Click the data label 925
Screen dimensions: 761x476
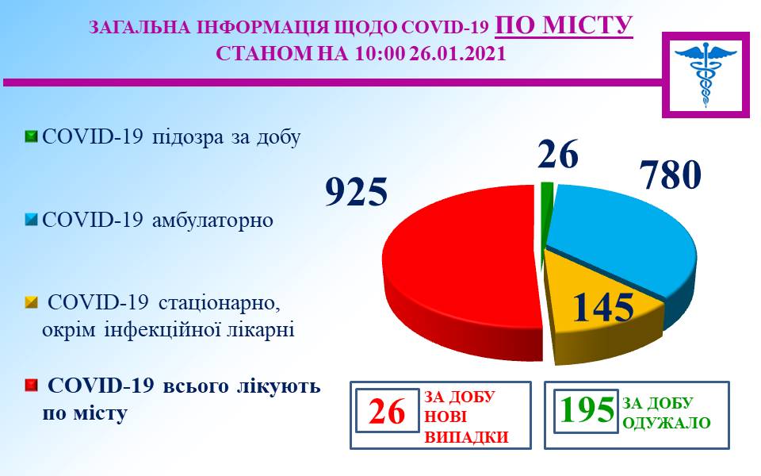(x=356, y=191)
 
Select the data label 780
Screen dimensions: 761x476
(x=671, y=174)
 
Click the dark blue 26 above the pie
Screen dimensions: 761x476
(x=557, y=154)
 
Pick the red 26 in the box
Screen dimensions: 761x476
(x=386, y=411)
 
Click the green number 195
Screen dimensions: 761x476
(x=587, y=410)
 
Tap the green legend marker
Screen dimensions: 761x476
(x=31, y=136)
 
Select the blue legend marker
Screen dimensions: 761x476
(x=31, y=220)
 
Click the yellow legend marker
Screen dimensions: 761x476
(x=31, y=302)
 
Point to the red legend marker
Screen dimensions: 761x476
(x=31, y=386)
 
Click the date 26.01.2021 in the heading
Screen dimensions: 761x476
(x=457, y=53)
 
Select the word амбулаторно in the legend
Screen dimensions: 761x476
(x=212, y=221)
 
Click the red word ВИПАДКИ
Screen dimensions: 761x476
(x=466, y=436)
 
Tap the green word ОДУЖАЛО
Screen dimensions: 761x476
(x=666, y=423)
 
